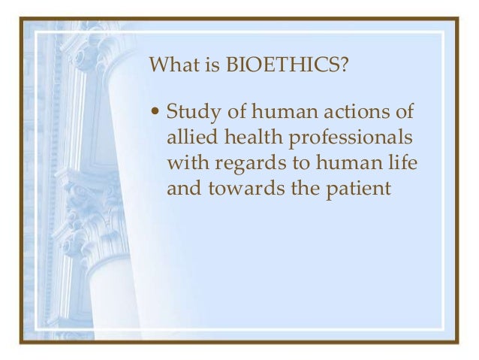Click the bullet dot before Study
[x=155, y=115]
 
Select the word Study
[x=189, y=113]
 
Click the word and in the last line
[x=182, y=188]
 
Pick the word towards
[x=239, y=188]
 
